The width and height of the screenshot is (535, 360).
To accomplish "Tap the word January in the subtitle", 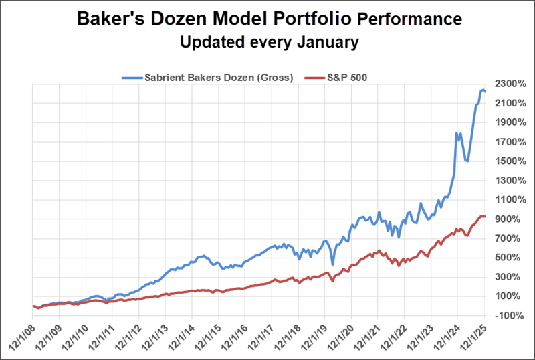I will click(x=324, y=43).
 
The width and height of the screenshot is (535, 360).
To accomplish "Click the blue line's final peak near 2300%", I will click(x=482, y=90).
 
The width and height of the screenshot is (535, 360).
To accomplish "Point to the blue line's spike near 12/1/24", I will click(x=457, y=133).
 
